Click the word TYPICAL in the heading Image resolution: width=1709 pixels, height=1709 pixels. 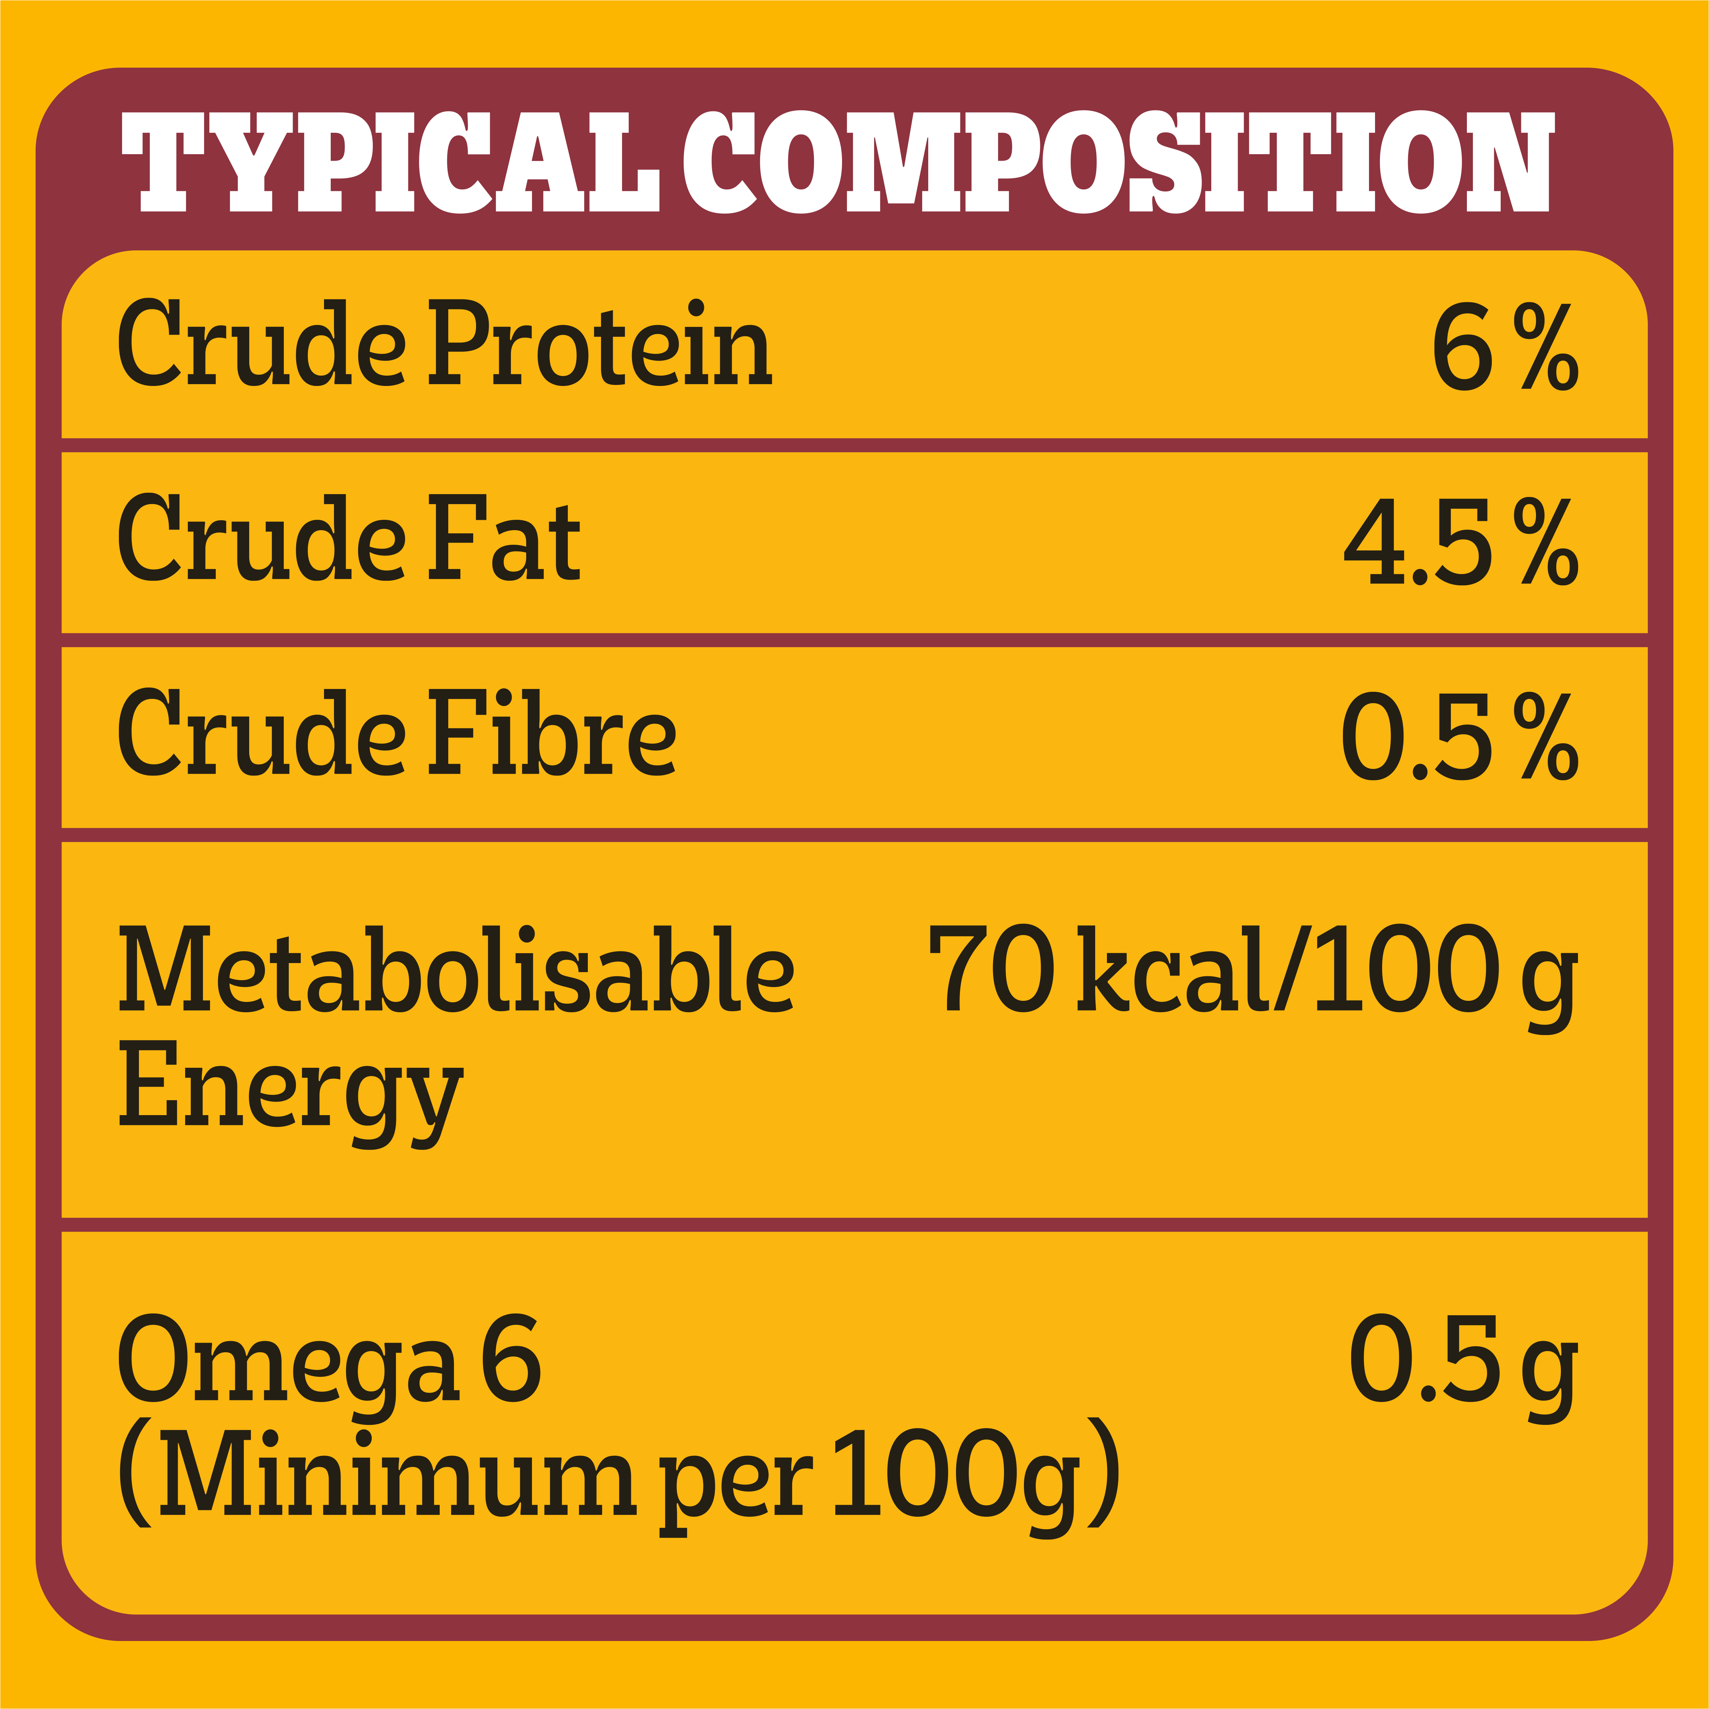point(389,162)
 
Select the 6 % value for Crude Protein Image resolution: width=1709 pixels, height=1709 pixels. point(1504,347)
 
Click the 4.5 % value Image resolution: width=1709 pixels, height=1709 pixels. point(1459,541)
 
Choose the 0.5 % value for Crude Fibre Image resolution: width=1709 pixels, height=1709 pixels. point(1459,736)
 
